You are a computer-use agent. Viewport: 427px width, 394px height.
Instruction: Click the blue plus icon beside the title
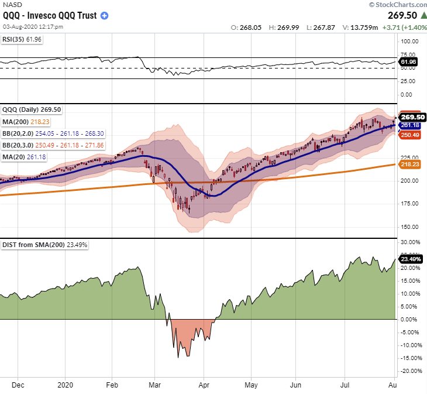tap(104, 16)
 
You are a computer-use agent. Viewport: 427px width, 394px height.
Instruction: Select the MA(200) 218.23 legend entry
tap(26, 121)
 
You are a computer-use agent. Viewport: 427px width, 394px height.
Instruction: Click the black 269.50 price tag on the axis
tap(409, 117)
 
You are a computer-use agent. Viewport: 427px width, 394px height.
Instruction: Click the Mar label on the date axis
tap(154, 386)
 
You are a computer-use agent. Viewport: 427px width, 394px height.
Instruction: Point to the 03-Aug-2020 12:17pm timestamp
tap(33, 27)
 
